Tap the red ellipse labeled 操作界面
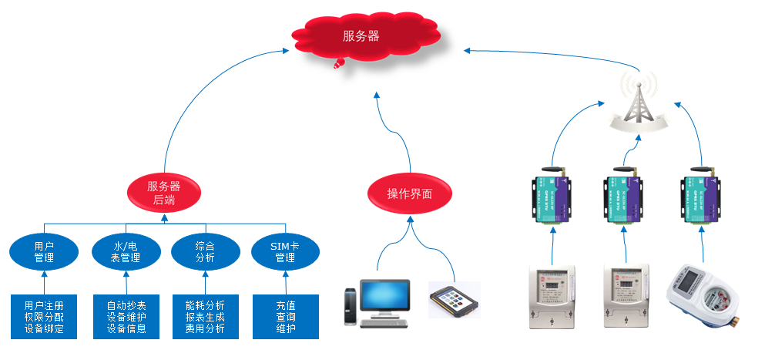(x=409, y=193)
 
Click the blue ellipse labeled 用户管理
(x=44, y=251)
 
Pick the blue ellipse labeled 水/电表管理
(x=126, y=251)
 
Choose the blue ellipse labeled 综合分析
(x=204, y=251)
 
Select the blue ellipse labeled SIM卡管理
(x=285, y=251)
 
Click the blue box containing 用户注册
(x=44, y=316)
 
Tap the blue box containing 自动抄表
(x=126, y=316)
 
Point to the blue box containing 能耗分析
(x=205, y=316)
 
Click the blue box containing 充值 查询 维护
(x=285, y=316)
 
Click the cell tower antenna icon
(x=639, y=100)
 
